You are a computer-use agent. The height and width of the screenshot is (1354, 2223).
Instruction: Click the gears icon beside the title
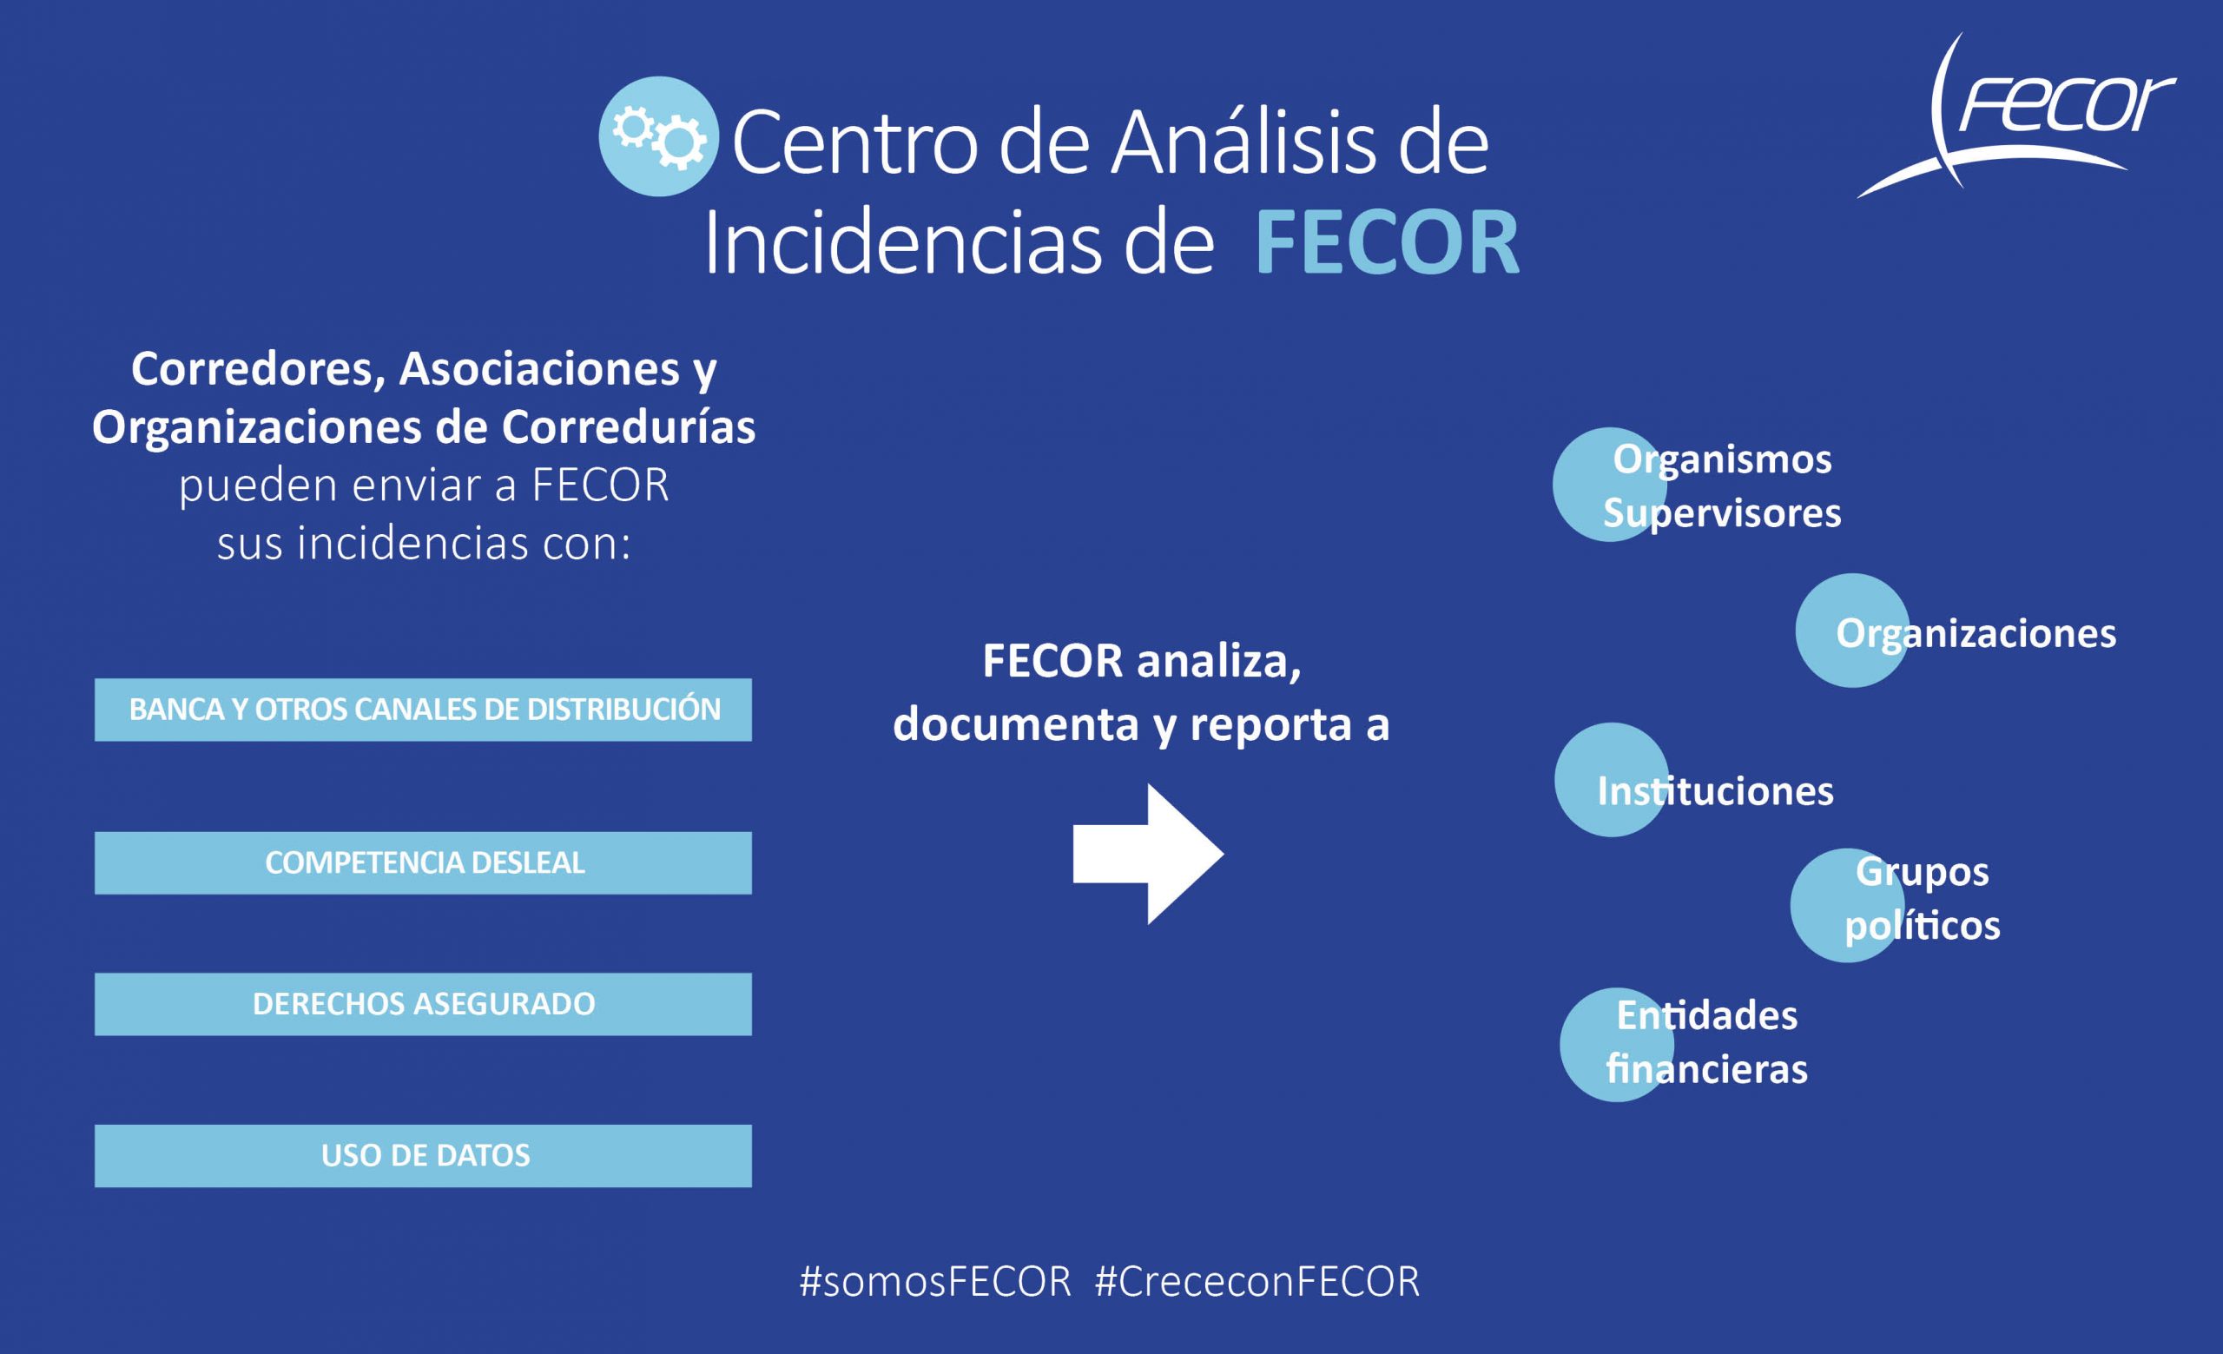pyautogui.click(x=658, y=136)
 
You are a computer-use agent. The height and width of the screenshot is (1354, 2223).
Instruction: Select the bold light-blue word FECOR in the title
pyautogui.click(x=1388, y=242)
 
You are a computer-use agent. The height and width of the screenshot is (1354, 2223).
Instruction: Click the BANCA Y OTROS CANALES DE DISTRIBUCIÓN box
pyautogui.click(x=423, y=710)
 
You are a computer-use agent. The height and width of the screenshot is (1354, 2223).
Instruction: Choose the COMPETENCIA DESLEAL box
pyautogui.click(x=423, y=863)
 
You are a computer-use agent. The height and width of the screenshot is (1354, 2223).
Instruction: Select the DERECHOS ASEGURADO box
pyautogui.click(x=423, y=1004)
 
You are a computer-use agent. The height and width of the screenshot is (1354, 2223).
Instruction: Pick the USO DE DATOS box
pyautogui.click(x=423, y=1155)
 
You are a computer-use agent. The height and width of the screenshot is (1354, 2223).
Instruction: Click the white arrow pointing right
pyautogui.click(x=1148, y=855)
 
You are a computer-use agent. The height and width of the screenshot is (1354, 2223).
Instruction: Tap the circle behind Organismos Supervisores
pyautogui.click(x=1610, y=485)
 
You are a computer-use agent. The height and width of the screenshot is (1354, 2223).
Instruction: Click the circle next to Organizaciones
pyautogui.click(x=1852, y=631)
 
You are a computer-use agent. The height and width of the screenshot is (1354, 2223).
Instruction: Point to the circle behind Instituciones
pyautogui.click(x=1612, y=779)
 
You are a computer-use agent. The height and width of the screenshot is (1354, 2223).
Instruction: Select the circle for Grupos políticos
pyautogui.click(x=1848, y=906)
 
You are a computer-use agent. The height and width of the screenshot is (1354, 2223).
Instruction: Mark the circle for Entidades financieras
pyautogui.click(x=1617, y=1045)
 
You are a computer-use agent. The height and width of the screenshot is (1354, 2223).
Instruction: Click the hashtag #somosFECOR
pyautogui.click(x=935, y=1282)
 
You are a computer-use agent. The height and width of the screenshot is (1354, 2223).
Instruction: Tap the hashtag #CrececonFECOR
pyautogui.click(x=1257, y=1282)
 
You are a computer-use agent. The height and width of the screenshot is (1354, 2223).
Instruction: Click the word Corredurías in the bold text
pyautogui.click(x=628, y=426)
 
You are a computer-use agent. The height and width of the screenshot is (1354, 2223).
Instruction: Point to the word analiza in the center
pyautogui.click(x=1219, y=661)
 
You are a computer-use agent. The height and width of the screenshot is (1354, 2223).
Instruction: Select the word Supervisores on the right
pyautogui.click(x=1722, y=514)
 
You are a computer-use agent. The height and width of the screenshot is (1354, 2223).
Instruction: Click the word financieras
pyautogui.click(x=1707, y=1069)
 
